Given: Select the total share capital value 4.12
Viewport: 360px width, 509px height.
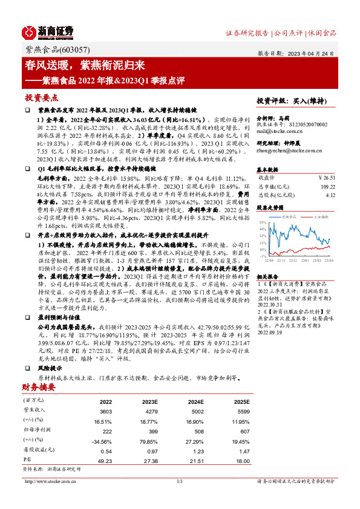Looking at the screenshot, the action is point(330,195).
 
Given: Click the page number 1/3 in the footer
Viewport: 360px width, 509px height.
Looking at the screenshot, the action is point(180,481).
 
